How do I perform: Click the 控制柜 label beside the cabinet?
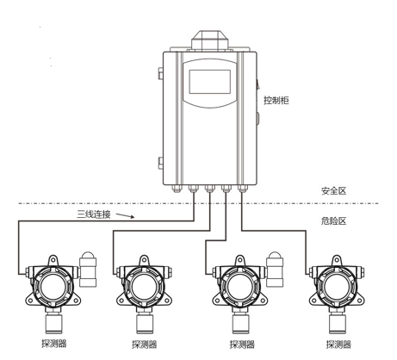(x=276, y=101)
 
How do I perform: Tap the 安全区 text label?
(x=334, y=191)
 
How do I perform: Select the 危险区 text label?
(x=334, y=221)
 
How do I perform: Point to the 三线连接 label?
(x=94, y=214)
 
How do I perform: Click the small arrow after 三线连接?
(x=125, y=215)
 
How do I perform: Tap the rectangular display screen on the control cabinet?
(x=210, y=82)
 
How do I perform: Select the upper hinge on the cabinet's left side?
(x=161, y=73)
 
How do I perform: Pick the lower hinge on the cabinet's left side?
(x=161, y=163)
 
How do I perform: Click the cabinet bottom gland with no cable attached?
(x=177, y=189)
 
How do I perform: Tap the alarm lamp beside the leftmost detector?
(x=88, y=269)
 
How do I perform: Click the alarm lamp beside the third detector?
(x=275, y=269)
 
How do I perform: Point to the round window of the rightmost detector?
(x=338, y=286)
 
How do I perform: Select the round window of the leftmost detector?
(x=53, y=286)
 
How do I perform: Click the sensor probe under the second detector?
(x=145, y=322)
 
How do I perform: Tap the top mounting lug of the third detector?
(x=240, y=261)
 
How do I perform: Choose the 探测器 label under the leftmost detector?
(x=54, y=344)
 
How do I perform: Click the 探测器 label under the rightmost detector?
(x=338, y=344)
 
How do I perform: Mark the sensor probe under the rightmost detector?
(x=338, y=322)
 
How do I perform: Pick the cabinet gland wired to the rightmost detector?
(x=242, y=189)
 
